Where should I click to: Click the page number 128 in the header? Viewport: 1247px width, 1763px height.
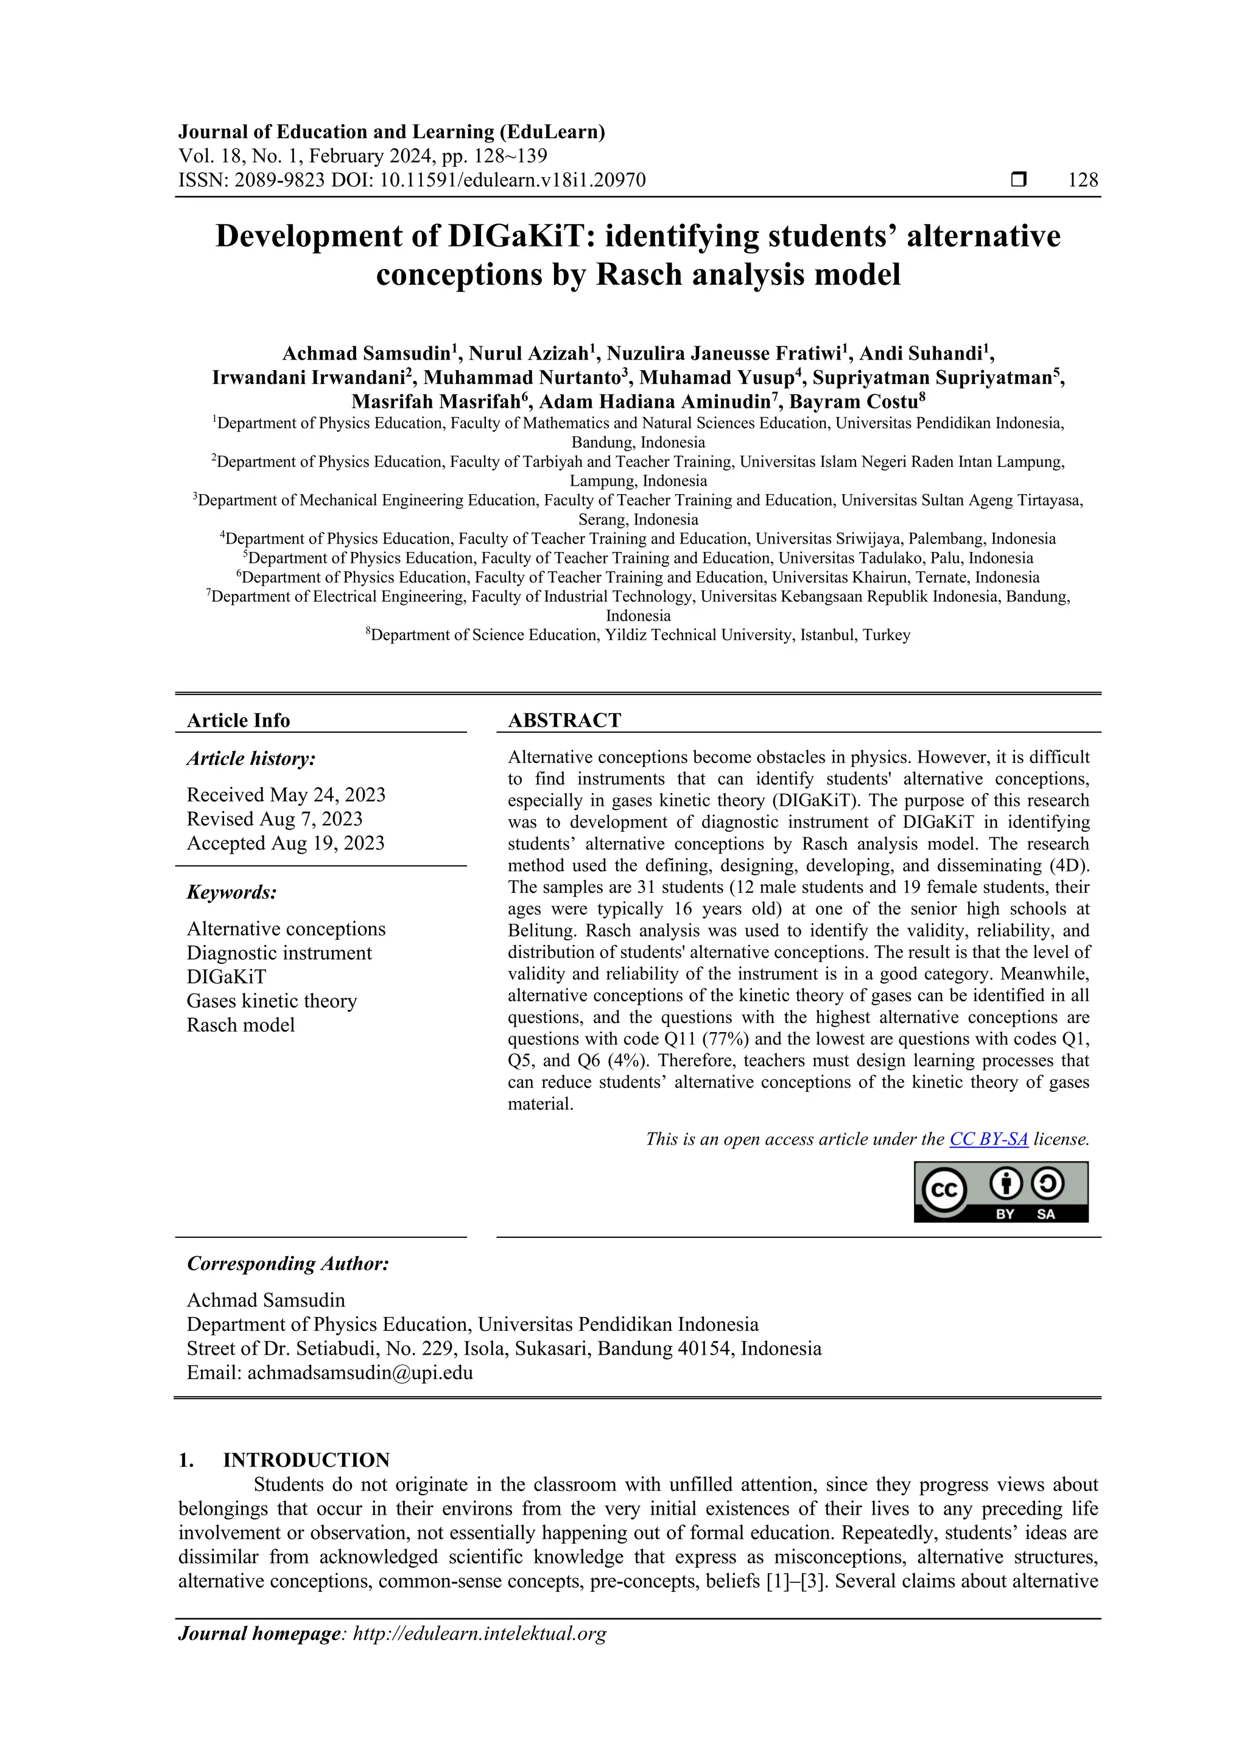click(1083, 181)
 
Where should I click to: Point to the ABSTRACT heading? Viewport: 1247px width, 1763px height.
click(564, 721)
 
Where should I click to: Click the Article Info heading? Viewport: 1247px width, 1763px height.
click(238, 721)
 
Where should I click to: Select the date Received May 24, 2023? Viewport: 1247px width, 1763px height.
click(286, 795)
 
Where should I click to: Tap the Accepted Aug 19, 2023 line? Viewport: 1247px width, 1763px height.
click(285, 843)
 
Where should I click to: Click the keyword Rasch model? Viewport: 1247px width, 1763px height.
click(241, 1025)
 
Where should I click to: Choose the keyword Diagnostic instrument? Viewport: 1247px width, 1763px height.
click(279, 953)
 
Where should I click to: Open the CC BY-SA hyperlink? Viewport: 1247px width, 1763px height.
click(988, 1139)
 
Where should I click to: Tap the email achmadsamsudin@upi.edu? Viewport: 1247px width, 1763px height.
click(360, 1373)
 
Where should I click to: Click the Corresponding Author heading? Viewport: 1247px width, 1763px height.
click(287, 1264)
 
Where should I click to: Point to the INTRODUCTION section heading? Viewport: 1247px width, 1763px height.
click(306, 1461)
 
